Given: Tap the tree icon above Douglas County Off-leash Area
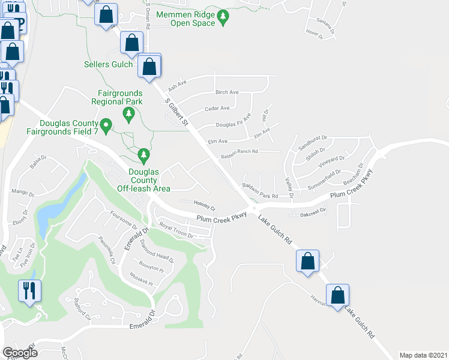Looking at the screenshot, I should (143, 155).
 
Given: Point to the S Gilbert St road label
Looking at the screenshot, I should (177, 113).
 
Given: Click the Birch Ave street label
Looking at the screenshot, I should (228, 92).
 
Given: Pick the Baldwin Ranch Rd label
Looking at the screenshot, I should (239, 152).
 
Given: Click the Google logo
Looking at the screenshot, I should (20, 352).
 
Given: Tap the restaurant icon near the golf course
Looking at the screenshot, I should (29, 292).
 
